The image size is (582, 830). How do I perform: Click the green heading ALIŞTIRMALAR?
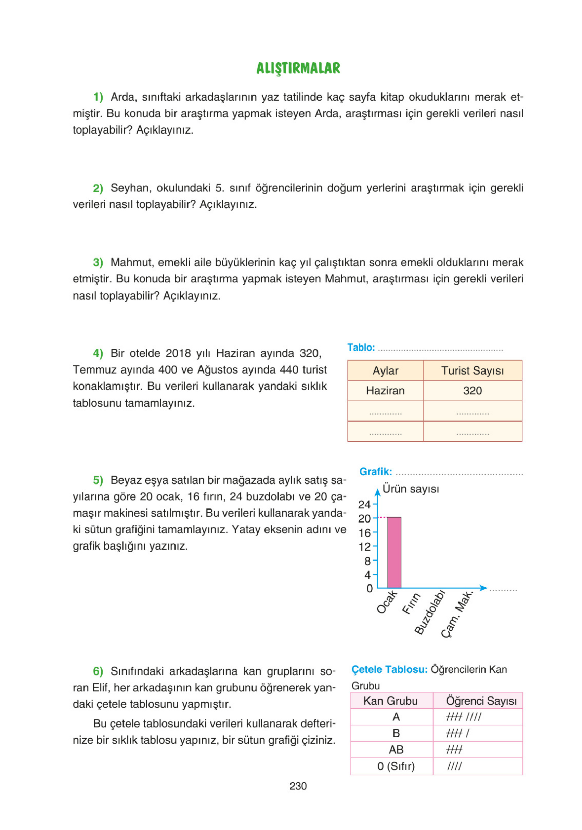coord(298,68)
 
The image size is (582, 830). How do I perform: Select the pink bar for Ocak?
coord(394,552)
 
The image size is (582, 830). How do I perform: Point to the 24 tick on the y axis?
coord(364,505)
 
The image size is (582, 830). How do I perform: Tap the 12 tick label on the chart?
coord(364,546)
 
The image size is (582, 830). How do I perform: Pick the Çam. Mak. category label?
coord(457,614)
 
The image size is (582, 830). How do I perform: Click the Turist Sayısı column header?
coord(472,370)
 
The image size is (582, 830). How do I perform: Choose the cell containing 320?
coord(472,391)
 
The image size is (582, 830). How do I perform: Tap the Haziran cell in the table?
coord(385,391)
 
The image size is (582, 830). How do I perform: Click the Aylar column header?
coord(385,370)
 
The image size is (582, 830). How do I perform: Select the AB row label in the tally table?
coord(396,750)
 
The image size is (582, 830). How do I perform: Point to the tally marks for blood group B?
coord(457,733)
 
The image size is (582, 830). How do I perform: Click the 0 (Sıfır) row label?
coord(396,766)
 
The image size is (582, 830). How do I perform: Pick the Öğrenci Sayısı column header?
coord(481,701)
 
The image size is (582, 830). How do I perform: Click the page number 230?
coord(298,786)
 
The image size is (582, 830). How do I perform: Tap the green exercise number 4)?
coord(98,353)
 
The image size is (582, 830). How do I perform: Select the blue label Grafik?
coord(375,472)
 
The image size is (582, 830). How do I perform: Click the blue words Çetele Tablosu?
coord(389,669)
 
